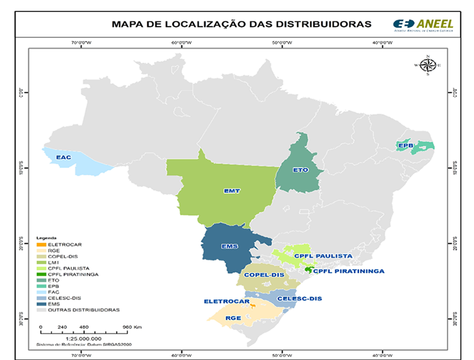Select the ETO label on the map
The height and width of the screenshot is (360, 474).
[301, 170]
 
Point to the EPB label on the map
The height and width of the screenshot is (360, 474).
[405, 146]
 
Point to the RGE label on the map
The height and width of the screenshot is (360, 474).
[233, 318]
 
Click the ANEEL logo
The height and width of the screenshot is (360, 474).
[422, 23]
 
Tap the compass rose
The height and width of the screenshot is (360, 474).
[428, 65]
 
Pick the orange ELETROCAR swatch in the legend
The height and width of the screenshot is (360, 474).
[40, 244]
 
